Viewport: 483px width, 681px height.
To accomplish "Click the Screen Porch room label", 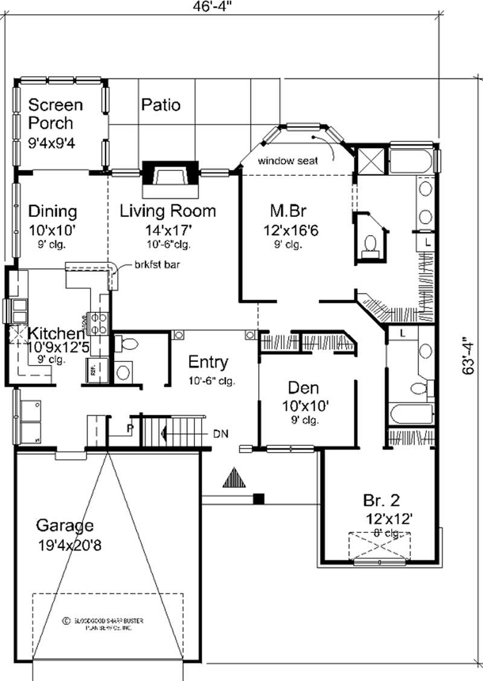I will [56, 114].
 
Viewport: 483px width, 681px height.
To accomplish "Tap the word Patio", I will [161, 105].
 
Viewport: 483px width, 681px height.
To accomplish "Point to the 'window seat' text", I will [287, 161].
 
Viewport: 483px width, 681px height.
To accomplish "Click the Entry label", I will [208, 362].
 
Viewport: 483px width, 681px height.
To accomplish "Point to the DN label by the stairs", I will [220, 433].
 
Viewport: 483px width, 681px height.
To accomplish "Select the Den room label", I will [303, 387].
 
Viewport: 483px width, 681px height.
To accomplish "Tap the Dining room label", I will [53, 211].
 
